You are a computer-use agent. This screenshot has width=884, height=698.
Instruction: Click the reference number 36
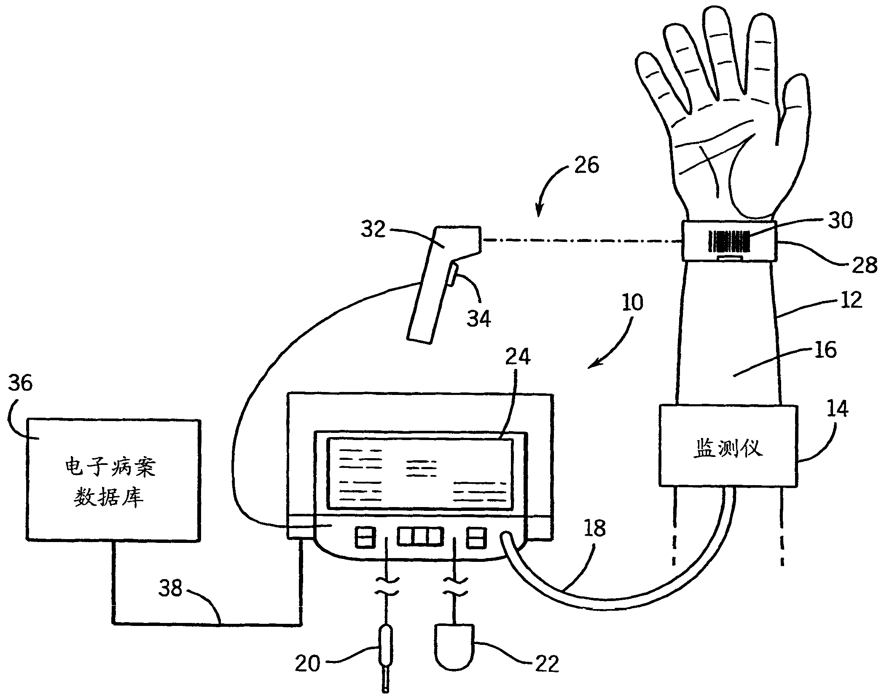(20, 384)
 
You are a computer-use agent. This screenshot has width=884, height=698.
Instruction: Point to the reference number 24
(517, 357)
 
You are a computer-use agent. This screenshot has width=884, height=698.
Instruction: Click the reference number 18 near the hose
(594, 528)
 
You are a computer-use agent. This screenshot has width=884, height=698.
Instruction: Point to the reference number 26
(586, 165)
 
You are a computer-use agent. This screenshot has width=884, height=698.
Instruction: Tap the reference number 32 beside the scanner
(373, 229)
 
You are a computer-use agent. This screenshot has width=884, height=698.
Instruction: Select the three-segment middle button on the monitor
(420, 537)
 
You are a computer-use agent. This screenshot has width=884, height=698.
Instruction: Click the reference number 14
(837, 408)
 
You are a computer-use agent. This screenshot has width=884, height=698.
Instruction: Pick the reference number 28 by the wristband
(864, 266)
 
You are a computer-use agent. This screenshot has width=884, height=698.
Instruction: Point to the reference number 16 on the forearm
(825, 350)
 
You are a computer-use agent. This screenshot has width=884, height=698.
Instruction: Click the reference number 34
(478, 318)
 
